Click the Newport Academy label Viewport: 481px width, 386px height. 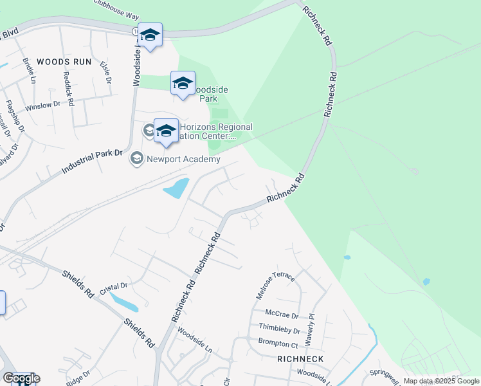[x=183, y=159]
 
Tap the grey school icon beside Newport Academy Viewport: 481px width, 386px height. [x=137, y=158]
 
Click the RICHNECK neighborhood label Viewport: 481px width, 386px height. [x=300, y=358]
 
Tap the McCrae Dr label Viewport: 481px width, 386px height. [x=278, y=316]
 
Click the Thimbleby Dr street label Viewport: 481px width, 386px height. [x=279, y=329]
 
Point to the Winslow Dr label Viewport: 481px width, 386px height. [x=42, y=106]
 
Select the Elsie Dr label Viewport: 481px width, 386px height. [x=105, y=72]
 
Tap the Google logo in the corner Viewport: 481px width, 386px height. [x=21, y=378]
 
